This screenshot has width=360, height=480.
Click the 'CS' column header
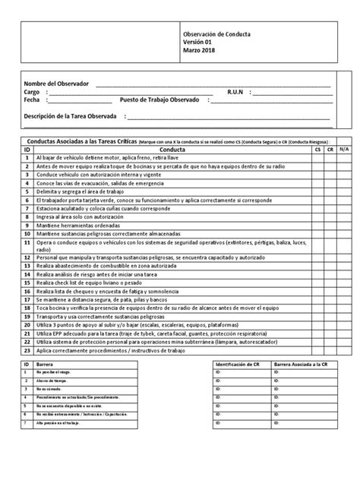click(x=317, y=150)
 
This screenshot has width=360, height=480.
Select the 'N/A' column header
click(x=343, y=150)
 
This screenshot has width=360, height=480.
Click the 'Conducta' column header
click(x=174, y=150)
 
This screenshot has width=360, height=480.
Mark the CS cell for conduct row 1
click(x=317, y=159)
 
